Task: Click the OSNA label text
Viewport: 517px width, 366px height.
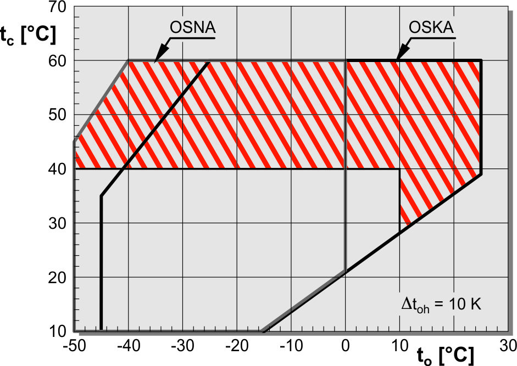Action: click(x=192, y=27)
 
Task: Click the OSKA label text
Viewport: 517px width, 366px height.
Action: click(x=432, y=27)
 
